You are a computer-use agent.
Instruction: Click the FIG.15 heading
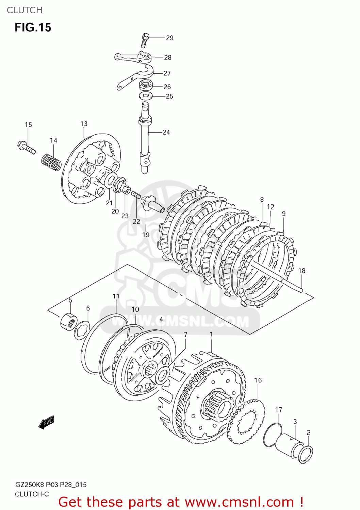tap(33, 27)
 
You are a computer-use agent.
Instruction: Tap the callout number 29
tap(169, 38)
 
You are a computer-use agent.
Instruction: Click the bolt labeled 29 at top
tap(145, 40)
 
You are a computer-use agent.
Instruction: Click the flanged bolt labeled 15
tap(26, 147)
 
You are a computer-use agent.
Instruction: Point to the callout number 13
tap(84, 124)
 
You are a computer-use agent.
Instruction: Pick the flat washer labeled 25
tap(146, 96)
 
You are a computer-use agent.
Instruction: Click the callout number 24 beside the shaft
tap(166, 132)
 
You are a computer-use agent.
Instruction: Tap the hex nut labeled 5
tap(69, 321)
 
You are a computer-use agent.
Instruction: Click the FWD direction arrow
tap(46, 422)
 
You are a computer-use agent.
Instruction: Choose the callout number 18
tap(301, 271)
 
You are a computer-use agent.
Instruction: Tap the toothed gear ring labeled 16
tap(246, 422)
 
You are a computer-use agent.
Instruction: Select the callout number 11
tap(116, 296)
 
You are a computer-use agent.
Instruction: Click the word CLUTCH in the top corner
tap(24, 10)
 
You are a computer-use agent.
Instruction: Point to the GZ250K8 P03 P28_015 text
tap(51, 485)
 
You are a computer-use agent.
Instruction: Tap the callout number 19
tap(146, 234)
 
